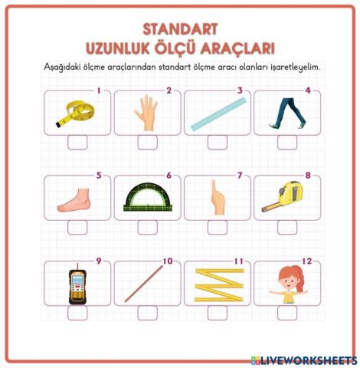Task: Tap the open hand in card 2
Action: (x=146, y=112)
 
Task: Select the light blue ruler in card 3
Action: (x=216, y=114)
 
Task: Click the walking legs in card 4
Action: (x=285, y=113)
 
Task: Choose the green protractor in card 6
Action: (x=147, y=198)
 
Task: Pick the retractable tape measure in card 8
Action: (x=285, y=198)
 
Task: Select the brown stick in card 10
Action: (x=146, y=284)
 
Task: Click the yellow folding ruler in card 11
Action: (x=216, y=284)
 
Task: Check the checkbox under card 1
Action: (x=77, y=143)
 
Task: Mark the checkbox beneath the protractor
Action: (x=147, y=228)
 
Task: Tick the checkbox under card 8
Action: (x=287, y=228)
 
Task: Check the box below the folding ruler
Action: (x=217, y=313)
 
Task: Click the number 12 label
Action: (x=307, y=261)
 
